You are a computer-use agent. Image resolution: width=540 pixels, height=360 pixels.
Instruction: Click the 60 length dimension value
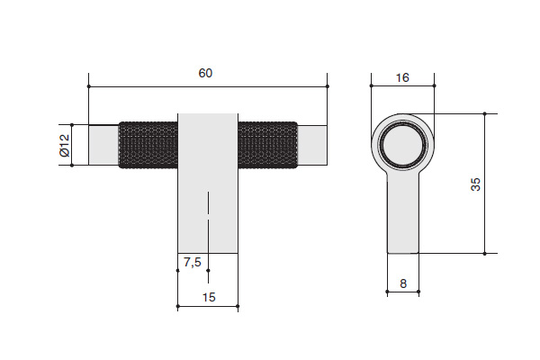pyautogui.click(x=205, y=73)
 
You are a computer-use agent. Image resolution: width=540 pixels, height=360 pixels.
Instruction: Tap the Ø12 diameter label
pyautogui.click(x=65, y=146)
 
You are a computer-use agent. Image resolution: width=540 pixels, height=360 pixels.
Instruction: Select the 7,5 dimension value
pyautogui.click(x=193, y=263)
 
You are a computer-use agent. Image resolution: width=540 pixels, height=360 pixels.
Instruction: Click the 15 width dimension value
pyautogui.click(x=209, y=297)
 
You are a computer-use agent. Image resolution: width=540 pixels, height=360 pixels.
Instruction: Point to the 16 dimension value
pyautogui.click(x=402, y=78)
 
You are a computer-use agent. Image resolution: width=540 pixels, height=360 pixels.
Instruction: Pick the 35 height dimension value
pyautogui.click(x=475, y=184)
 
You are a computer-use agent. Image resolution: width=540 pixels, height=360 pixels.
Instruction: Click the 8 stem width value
pyautogui.click(x=403, y=283)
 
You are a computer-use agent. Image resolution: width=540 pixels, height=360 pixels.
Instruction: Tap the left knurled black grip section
pyautogui.click(x=148, y=145)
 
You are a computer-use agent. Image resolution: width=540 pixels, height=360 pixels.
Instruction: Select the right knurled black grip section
pyautogui.click(x=267, y=145)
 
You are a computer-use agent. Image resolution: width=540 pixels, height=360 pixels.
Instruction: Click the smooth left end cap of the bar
pyautogui.click(x=103, y=145)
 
